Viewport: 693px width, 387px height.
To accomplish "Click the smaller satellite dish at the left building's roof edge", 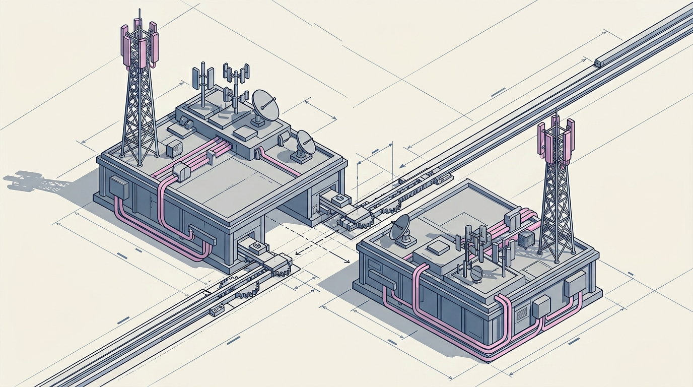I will coord(305,144).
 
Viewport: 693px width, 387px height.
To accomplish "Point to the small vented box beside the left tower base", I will coord(174,148).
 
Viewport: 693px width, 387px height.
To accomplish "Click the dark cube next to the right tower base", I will coord(527,239).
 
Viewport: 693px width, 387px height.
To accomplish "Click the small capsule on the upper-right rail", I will coord(600,62).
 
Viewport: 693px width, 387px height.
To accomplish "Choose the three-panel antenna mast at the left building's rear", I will coord(203,81).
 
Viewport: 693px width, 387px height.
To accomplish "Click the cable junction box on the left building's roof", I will coord(181,171).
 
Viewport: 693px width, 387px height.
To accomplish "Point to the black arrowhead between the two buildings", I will coord(346,261).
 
